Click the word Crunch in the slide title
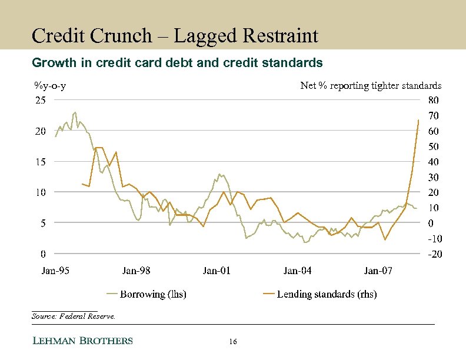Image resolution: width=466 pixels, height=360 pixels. point(125,36)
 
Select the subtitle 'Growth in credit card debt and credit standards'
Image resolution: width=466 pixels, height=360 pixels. point(177,62)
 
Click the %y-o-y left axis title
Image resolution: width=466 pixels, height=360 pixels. point(49,86)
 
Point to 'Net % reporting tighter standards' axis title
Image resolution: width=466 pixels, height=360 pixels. point(371,86)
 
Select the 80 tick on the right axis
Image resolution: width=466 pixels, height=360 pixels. point(432,100)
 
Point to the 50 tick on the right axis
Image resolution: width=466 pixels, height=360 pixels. point(432,146)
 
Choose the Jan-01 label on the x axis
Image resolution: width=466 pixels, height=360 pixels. point(217,271)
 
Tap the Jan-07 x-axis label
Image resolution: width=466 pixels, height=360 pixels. point(378,271)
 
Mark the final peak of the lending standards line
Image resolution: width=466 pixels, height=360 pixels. point(418,120)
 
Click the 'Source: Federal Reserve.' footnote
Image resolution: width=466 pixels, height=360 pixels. point(74,316)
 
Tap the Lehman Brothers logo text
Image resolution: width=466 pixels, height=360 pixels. point(82,341)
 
